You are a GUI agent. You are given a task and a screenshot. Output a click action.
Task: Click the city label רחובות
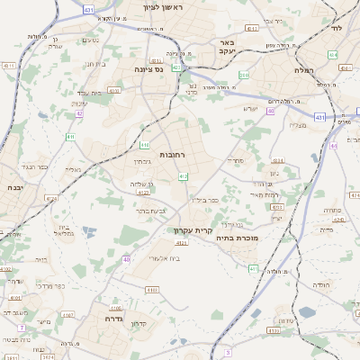click(x=172, y=155)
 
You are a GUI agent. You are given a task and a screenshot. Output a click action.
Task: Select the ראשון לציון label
click(x=162, y=7)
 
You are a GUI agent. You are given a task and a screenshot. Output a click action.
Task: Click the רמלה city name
click(x=303, y=69)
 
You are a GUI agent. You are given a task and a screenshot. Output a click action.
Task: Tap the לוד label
click(x=337, y=29)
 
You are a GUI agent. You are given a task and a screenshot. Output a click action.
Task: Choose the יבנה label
click(x=13, y=187)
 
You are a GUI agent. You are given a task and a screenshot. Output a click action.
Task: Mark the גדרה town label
click(x=106, y=318)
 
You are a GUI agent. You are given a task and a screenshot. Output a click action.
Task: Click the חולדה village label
click(x=321, y=283)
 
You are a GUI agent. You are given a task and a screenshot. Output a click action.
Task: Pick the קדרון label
click(x=139, y=324)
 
